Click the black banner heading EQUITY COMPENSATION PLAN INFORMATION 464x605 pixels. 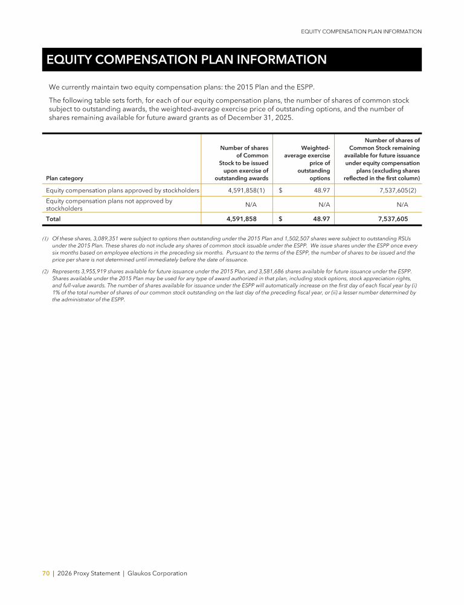pos(187,59)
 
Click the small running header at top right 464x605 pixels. pos(361,31)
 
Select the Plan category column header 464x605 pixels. pos(65,178)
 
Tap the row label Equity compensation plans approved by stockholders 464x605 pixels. pos(123,191)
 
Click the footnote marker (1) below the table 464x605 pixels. pos(45,239)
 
